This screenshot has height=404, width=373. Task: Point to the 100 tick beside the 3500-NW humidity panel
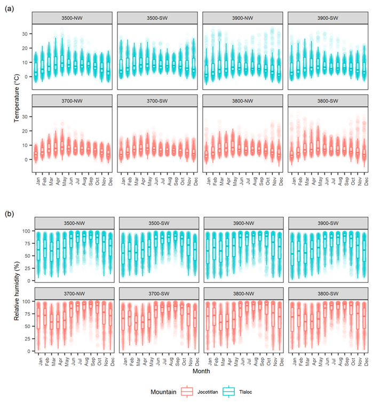coord(27,232)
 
